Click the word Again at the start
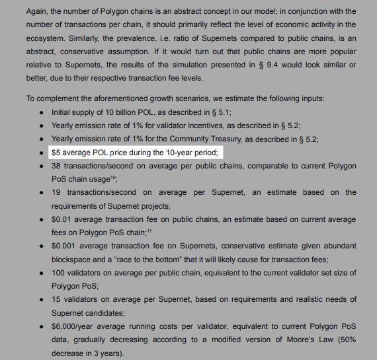point(38,12)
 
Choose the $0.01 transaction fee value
point(62,219)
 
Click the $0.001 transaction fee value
point(65,246)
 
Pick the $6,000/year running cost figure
point(77,326)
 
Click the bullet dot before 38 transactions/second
point(42,166)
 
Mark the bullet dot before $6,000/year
point(42,326)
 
